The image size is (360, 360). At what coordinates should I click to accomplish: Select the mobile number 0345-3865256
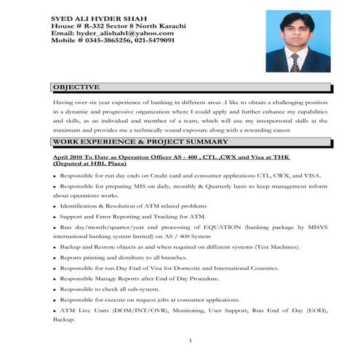pyautogui.click(x=115, y=41)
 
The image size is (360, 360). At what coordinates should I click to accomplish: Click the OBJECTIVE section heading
pyautogui.click(x=76, y=87)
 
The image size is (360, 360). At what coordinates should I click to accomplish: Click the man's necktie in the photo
pyautogui.click(x=297, y=59)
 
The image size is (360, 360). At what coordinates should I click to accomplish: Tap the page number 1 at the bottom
pyautogui.click(x=190, y=341)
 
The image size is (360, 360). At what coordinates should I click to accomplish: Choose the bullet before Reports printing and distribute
pyautogui.click(x=55, y=258)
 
